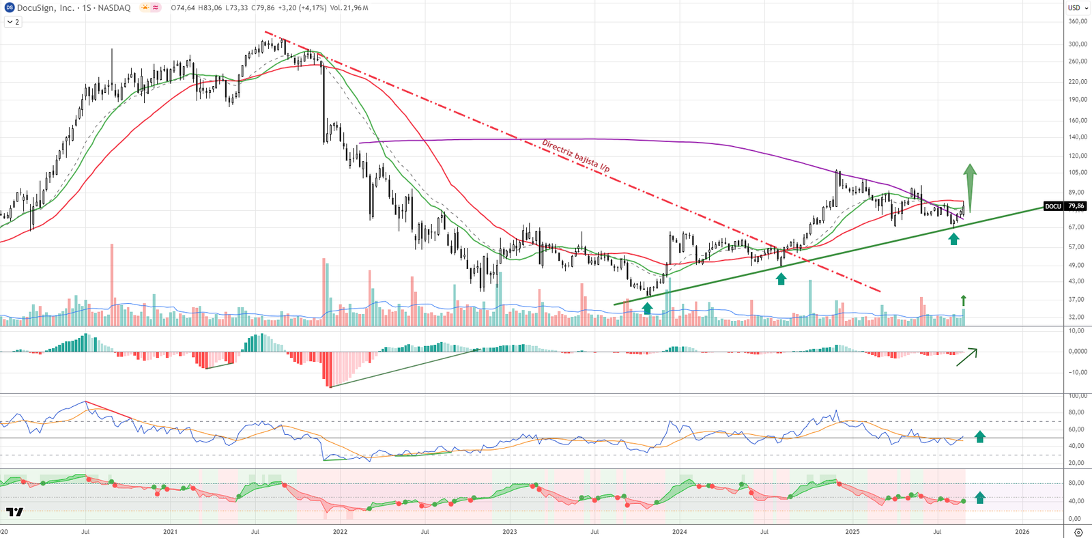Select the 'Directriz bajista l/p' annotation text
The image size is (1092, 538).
pyautogui.click(x=575, y=156)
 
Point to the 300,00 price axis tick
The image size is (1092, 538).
pyautogui.click(x=1077, y=44)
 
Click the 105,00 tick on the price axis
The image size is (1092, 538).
pyautogui.click(x=1077, y=173)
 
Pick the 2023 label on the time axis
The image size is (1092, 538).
pyautogui.click(x=509, y=531)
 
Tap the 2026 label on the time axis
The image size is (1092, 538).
pyautogui.click(x=1022, y=531)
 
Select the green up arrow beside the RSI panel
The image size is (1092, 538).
pyautogui.click(x=980, y=437)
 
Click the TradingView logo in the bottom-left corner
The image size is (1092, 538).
pyautogui.click(x=14, y=511)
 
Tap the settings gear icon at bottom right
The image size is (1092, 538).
pyautogui.click(x=1078, y=532)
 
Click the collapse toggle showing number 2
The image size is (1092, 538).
pyautogui.click(x=13, y=22)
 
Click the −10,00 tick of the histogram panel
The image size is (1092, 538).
pyautogui.click(x=1077, y=372)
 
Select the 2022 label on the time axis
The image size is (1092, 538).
pyautogui.click(x=339, y=531)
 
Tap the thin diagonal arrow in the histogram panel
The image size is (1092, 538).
pyautogui.click(x=966, y=357)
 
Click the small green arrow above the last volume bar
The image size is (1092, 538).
pyautogui.click(x=964, y=300)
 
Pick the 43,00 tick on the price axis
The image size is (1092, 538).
pyautogui.click(x=1077, y=281)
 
